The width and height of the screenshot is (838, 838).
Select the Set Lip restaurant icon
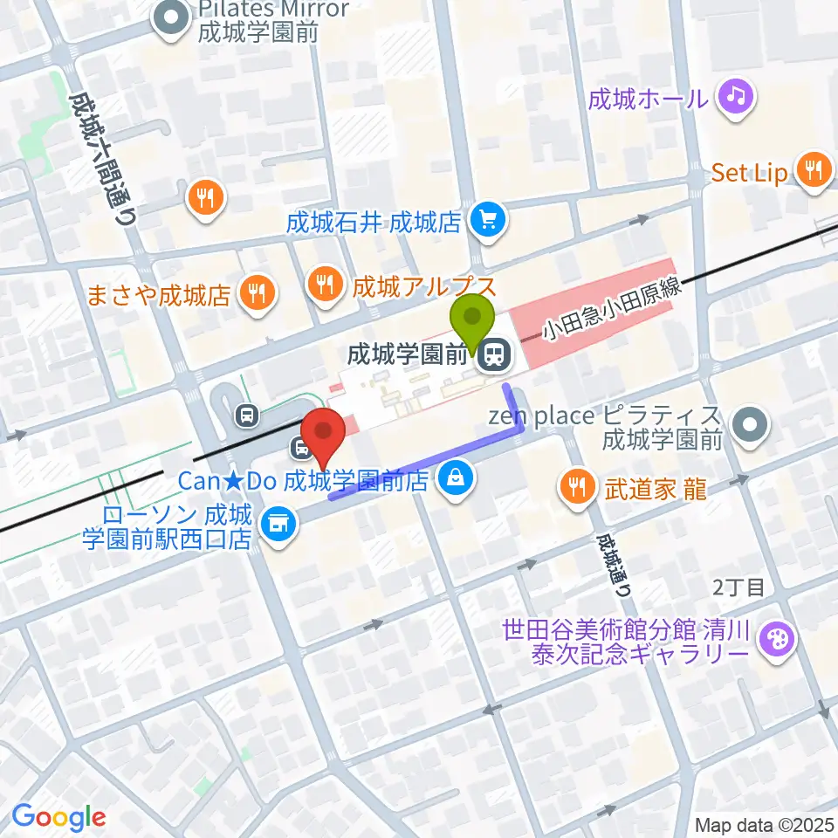814,171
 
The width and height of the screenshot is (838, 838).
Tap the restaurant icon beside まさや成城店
257,292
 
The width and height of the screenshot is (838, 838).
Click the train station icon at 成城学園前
495,354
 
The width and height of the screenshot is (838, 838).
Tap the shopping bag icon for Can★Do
455,477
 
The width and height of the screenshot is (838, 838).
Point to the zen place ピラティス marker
749,427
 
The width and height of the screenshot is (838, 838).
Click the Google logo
58,818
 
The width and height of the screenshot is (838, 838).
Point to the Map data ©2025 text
765,824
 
